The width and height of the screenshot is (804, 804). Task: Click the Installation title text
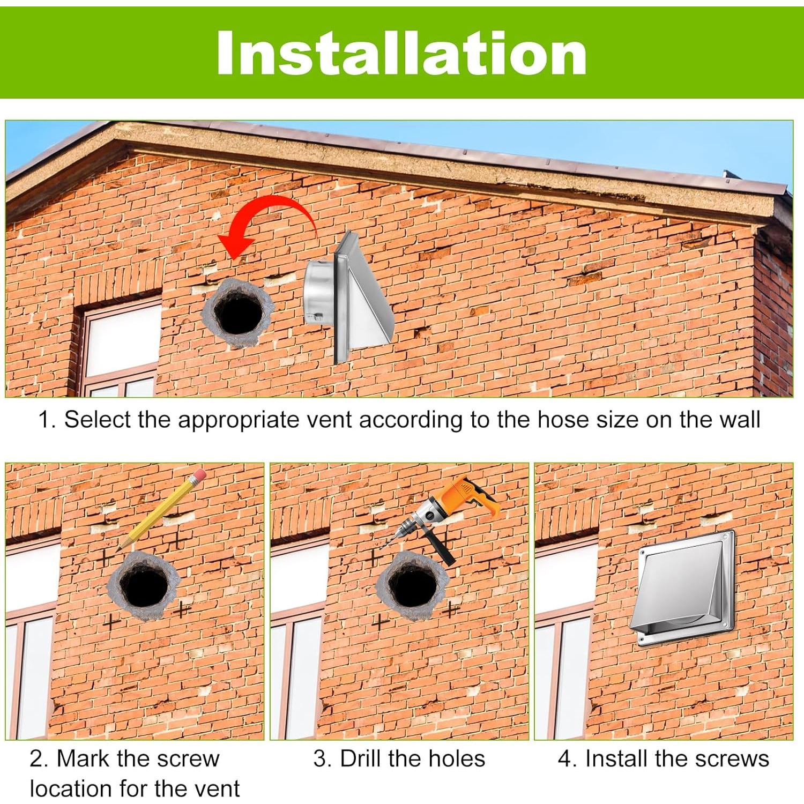(401, 53)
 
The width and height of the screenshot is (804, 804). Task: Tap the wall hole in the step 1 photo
(238, 313)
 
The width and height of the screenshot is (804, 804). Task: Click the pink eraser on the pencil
(198, 475)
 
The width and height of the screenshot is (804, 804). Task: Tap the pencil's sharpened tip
(119, 548)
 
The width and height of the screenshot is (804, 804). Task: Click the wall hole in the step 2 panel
(144, 586)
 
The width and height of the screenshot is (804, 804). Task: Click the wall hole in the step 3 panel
(413, 586)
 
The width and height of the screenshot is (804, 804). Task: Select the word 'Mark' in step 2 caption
(84, 759)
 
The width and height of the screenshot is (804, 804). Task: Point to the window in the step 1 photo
(121, 348)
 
